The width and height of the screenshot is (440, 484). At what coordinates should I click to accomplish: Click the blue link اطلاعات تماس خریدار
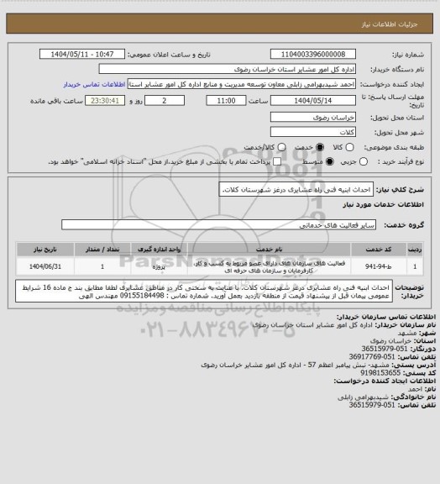click(x=92, y=85)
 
